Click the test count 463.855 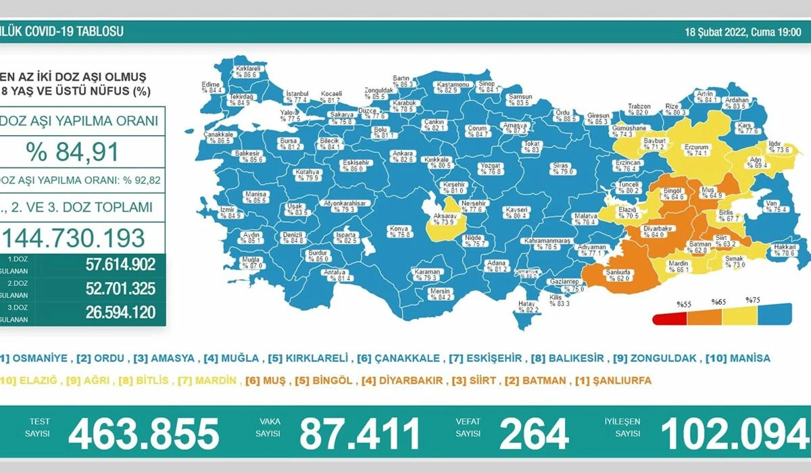point(143,434)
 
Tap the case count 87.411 point(360,434)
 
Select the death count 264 point(534,434)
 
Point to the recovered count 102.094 point(734,434)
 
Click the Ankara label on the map point(403,153)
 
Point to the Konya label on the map point(398,229)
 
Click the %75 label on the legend point(753,300)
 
